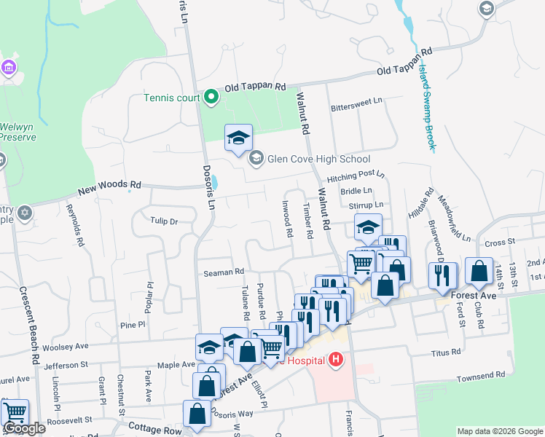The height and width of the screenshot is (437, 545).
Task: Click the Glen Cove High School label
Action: [319, 159]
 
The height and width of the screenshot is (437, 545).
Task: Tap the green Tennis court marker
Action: [211, 97]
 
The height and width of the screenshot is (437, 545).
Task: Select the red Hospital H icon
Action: [335, 360]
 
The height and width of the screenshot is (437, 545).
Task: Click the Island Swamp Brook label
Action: [427, 106]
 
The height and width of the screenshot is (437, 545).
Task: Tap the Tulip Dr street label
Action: [164, 221]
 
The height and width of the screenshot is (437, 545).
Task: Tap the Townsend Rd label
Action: [481, 379]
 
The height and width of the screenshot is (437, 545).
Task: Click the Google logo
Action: [24, 428]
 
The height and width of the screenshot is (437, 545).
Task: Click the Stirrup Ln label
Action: [366, 206]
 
